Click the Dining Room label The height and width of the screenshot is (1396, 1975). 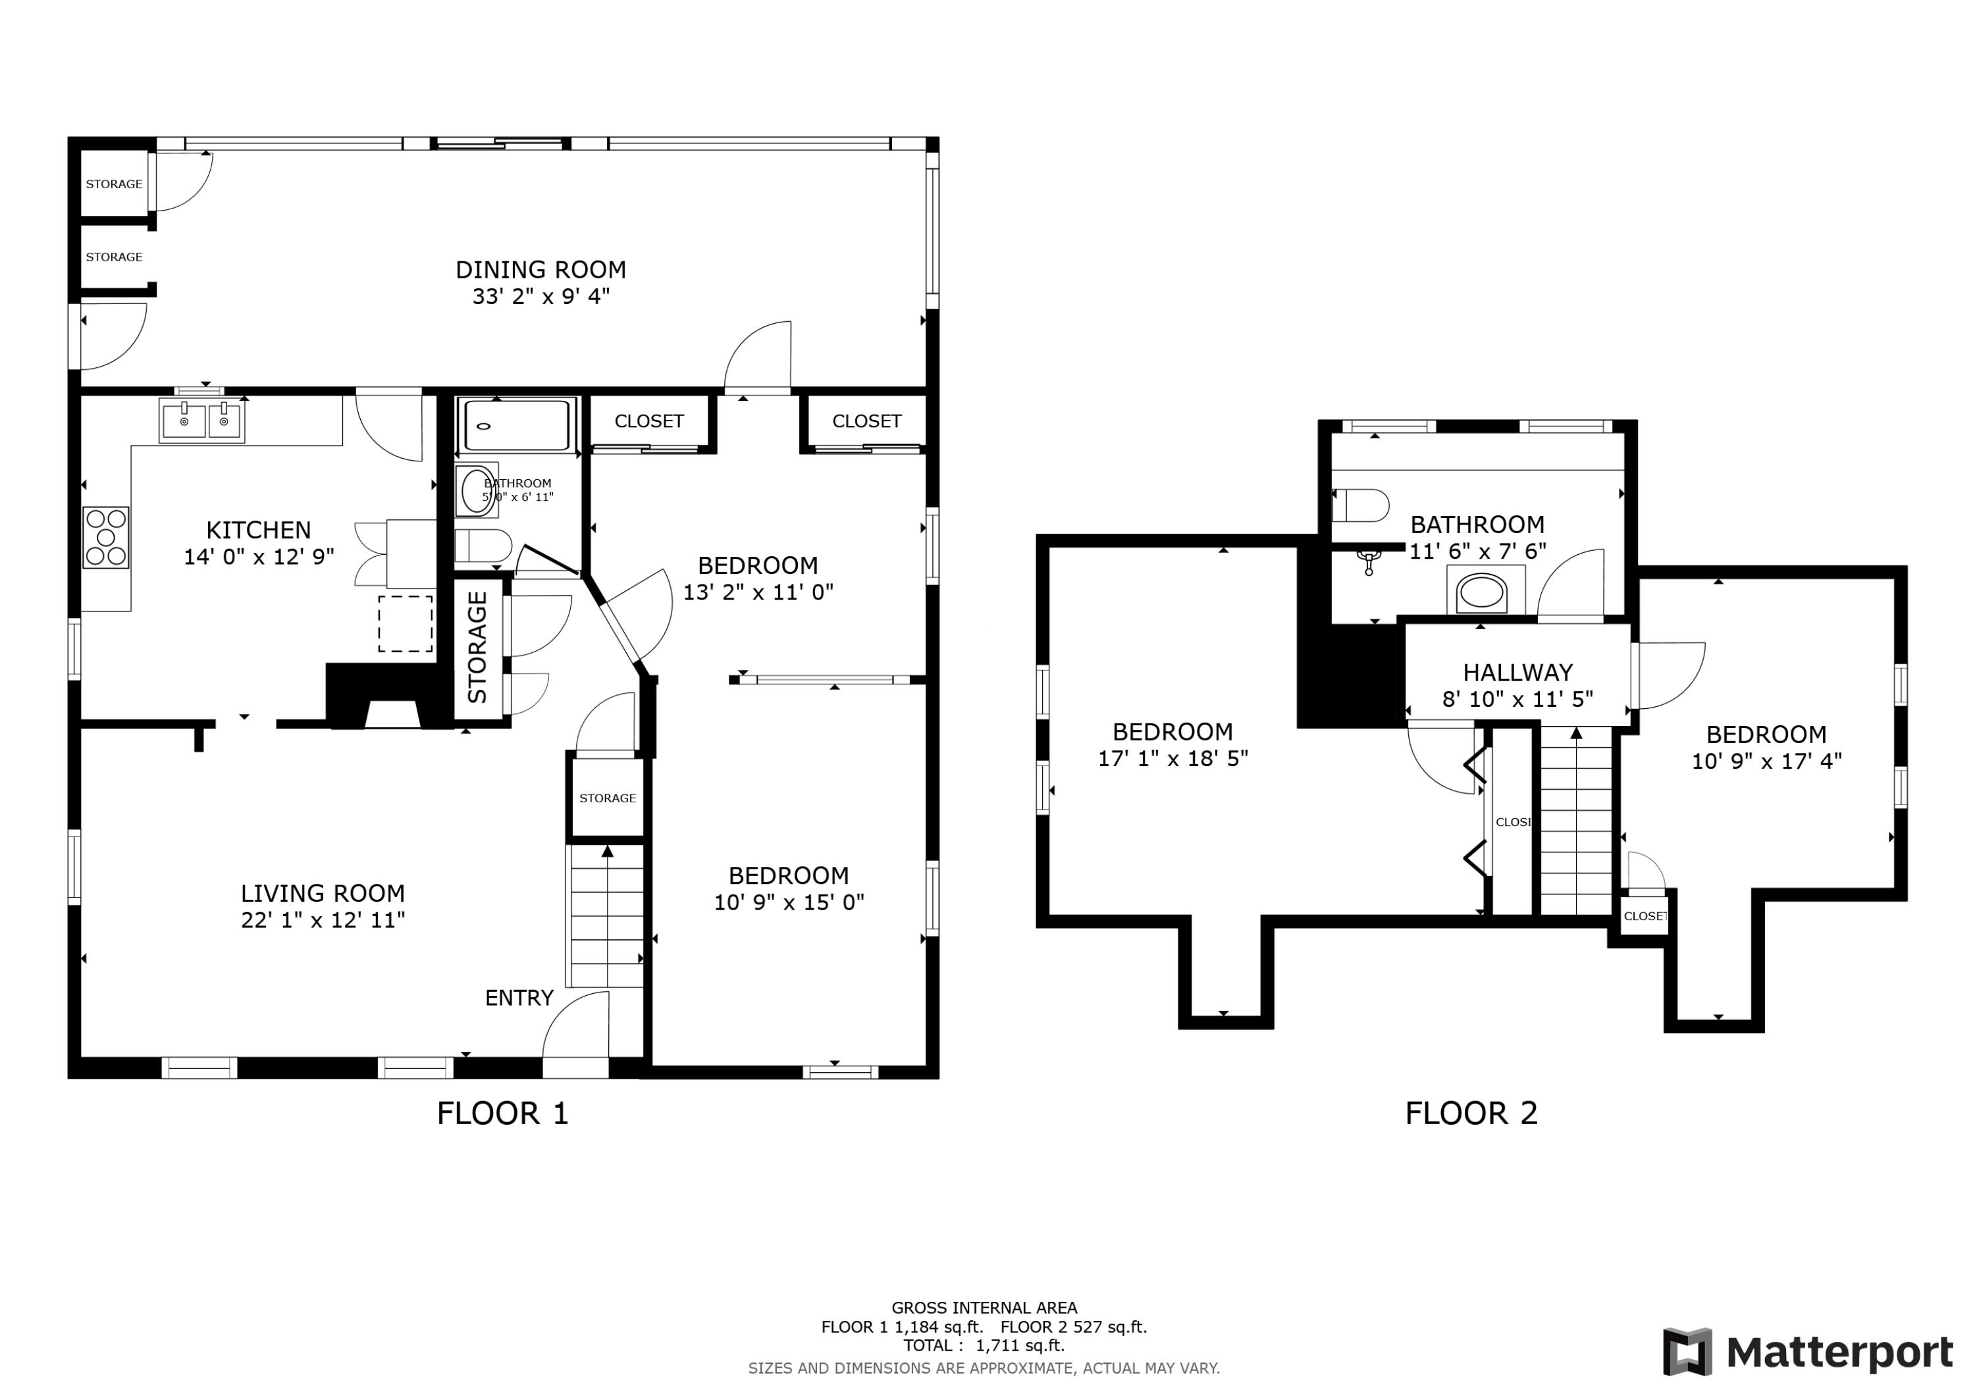tap(540, 270)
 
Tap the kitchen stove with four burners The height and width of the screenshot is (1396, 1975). tap(106, 538)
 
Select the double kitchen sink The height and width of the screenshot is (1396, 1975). tap(202, 421)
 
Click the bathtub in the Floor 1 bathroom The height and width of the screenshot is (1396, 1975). tap(516, 425)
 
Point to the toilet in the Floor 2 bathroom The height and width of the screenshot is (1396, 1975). tap(1360, 505)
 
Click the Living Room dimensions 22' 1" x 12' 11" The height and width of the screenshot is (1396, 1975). tap(323, 920)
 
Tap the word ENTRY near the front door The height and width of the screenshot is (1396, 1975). tap(519, 998)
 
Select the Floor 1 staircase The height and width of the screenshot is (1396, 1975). tap(606, 917)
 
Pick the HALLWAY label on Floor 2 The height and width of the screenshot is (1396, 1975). tap(1517, 673)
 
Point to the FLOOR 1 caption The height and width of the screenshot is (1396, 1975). tap(502, 1114)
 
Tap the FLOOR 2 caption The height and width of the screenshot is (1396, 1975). tap(1471, 1114)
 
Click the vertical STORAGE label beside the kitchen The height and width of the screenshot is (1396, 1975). tap(477, 647)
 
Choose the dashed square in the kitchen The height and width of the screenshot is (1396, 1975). tap(405, 623)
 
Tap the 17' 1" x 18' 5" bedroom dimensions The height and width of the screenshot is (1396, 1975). tap(1172, 759)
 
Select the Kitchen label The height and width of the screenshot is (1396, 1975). tap(258, 530)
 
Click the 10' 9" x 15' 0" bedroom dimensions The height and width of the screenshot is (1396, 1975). tap(789, 902)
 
